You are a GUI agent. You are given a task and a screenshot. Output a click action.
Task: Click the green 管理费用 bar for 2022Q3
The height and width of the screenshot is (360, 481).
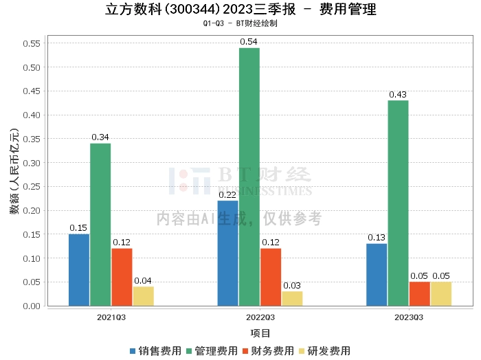[249, 177]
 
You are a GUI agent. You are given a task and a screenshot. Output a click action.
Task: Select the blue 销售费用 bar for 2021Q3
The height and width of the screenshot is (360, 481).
[79, 270]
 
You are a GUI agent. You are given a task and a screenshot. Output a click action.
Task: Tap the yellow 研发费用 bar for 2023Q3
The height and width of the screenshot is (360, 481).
[440, 293]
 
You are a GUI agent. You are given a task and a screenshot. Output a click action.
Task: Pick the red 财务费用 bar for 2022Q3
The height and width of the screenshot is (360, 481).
[270, 277]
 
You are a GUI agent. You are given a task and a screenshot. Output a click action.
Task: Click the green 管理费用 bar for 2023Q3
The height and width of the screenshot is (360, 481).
[398, 203]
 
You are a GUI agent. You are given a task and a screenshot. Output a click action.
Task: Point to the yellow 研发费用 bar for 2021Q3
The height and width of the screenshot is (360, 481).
[143, 296]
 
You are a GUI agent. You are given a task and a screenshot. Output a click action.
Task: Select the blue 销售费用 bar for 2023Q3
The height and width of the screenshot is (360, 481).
[377, 275]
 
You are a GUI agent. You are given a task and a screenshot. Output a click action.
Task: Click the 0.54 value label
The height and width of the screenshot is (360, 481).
[249, 42]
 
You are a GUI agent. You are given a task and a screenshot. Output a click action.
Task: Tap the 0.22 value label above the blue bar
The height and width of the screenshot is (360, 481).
[227, 194]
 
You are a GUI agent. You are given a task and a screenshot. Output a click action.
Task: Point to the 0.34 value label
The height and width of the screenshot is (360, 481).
[100, 137]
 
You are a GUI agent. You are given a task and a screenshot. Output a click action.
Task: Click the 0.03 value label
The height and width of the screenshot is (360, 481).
[292, 285]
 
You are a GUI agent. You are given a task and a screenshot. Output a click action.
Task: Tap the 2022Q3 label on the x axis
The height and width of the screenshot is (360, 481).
[260, 317]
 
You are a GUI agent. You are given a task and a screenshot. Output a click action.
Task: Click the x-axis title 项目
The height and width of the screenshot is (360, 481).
[260, 333]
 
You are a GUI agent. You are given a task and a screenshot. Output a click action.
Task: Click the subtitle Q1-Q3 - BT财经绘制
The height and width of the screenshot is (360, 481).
[240, 23]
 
